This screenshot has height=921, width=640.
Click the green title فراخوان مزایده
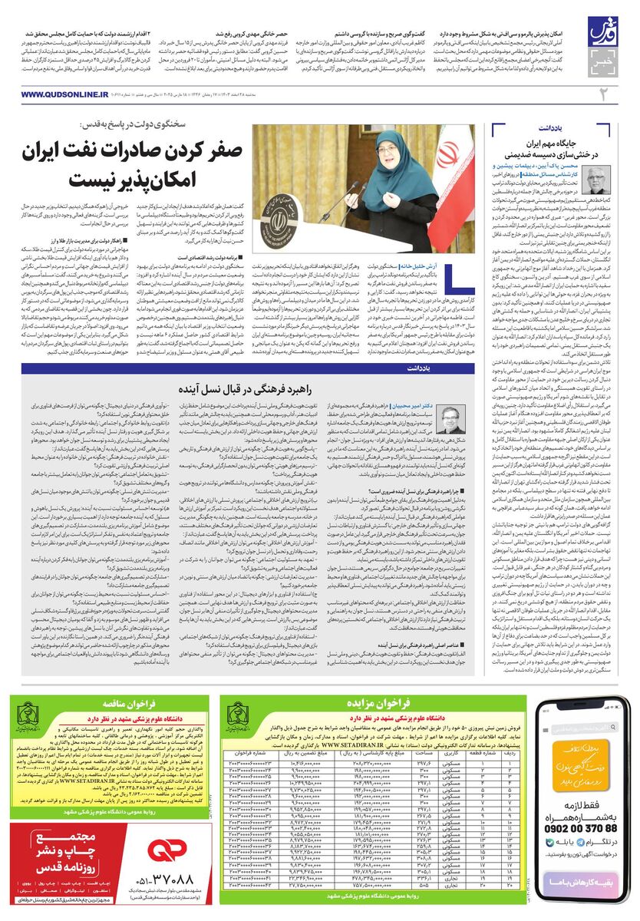pos(386,701)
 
